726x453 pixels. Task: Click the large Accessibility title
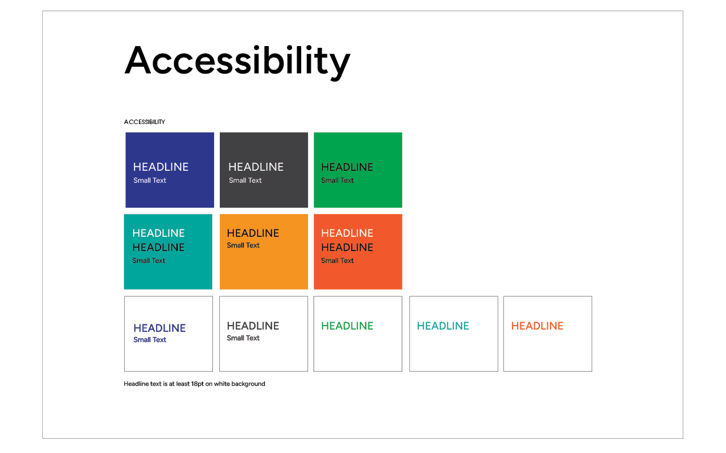237,61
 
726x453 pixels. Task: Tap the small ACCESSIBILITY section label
145,122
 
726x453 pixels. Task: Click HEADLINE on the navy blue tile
161,167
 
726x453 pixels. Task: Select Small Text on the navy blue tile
150,180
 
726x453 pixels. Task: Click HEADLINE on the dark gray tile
256,167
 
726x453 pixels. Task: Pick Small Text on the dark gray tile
245,180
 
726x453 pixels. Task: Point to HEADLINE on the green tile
347,167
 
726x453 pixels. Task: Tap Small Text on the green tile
338,180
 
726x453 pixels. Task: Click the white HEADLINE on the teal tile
158,233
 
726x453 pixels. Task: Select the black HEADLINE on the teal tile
158,247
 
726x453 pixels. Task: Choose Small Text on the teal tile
149,261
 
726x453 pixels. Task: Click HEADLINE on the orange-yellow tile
253,233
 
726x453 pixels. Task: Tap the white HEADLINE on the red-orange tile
347,233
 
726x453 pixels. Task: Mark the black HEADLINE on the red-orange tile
347,247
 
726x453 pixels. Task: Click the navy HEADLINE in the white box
159,328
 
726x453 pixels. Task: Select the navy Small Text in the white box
150,340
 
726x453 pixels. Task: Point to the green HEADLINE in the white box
347,326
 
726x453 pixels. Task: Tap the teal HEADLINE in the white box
443,326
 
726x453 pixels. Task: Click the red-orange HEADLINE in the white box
537,326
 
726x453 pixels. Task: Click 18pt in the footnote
198,384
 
